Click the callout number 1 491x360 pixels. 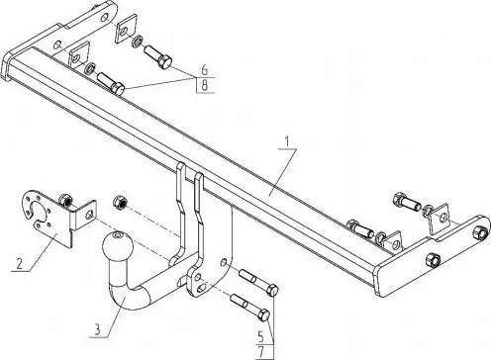(287, 141)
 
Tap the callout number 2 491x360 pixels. (20, 264)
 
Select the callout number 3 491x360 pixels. (97, 329)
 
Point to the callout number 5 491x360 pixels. (261, 337)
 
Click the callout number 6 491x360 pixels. (205, 70)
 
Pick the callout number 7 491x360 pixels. (261, 352)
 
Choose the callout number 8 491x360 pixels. (205, 85)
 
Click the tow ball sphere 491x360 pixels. (118, 245)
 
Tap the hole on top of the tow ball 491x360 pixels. (118, 235)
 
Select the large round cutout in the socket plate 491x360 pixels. (40, 213)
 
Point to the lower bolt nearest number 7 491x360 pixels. (250, 307)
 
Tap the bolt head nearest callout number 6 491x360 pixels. (164, 61)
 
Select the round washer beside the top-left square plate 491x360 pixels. (137, 41)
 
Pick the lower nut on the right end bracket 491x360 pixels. (433, 259)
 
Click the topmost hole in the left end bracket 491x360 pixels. (105, 17)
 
